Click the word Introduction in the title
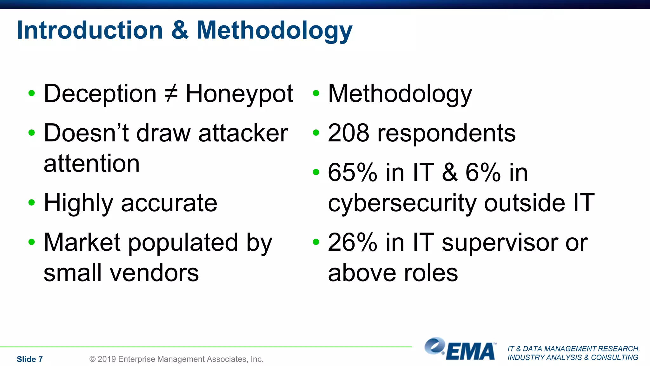[90, 30]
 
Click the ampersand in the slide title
[180, 30]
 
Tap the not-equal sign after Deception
[171, 94]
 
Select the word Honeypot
[239, 94]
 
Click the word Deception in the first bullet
[100, 94]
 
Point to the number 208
[348, 133]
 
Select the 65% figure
[352, 173]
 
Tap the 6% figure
[483, 173]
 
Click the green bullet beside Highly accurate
[31, 202]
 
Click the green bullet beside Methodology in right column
[315, 93]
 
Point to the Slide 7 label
[30, 359]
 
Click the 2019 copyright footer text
[176, 359]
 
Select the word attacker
[243, 133]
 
